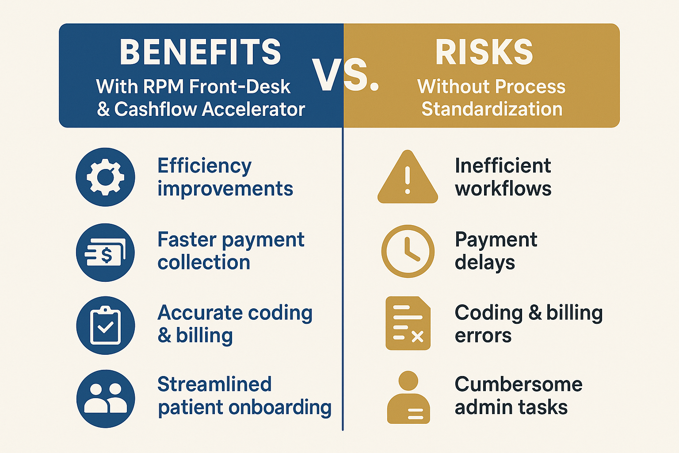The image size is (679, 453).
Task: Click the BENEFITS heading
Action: (x=200, y=52)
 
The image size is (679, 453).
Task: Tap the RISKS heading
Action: (x=484, y=52)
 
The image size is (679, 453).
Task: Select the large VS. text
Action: (x=345, y=75)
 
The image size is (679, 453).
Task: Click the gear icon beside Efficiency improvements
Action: (x=105, y=177)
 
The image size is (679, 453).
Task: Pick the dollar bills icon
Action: (x=105, y=253)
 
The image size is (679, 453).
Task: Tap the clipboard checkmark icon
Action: (x=105, y=326)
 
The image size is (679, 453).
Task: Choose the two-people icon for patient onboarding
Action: (x=105, y=399)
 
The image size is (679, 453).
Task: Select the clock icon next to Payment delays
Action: (x=408, y=251)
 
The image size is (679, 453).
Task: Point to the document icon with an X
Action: (x=408, y=323)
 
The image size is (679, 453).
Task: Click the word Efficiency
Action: (x=204, y=166)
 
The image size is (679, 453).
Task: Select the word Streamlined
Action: (x=214, y=384)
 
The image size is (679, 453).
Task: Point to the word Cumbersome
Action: (x=519, y=384)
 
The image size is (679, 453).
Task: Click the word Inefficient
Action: (x=503, y=166)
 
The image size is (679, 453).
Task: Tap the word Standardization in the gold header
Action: (x=492, y=109)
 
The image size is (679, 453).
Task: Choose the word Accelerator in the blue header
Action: (x=253, y=109)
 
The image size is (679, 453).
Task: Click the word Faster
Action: (x=187, y=240)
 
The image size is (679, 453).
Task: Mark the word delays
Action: (x=484, y=262)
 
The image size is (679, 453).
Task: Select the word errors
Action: (x=483, y=336)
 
